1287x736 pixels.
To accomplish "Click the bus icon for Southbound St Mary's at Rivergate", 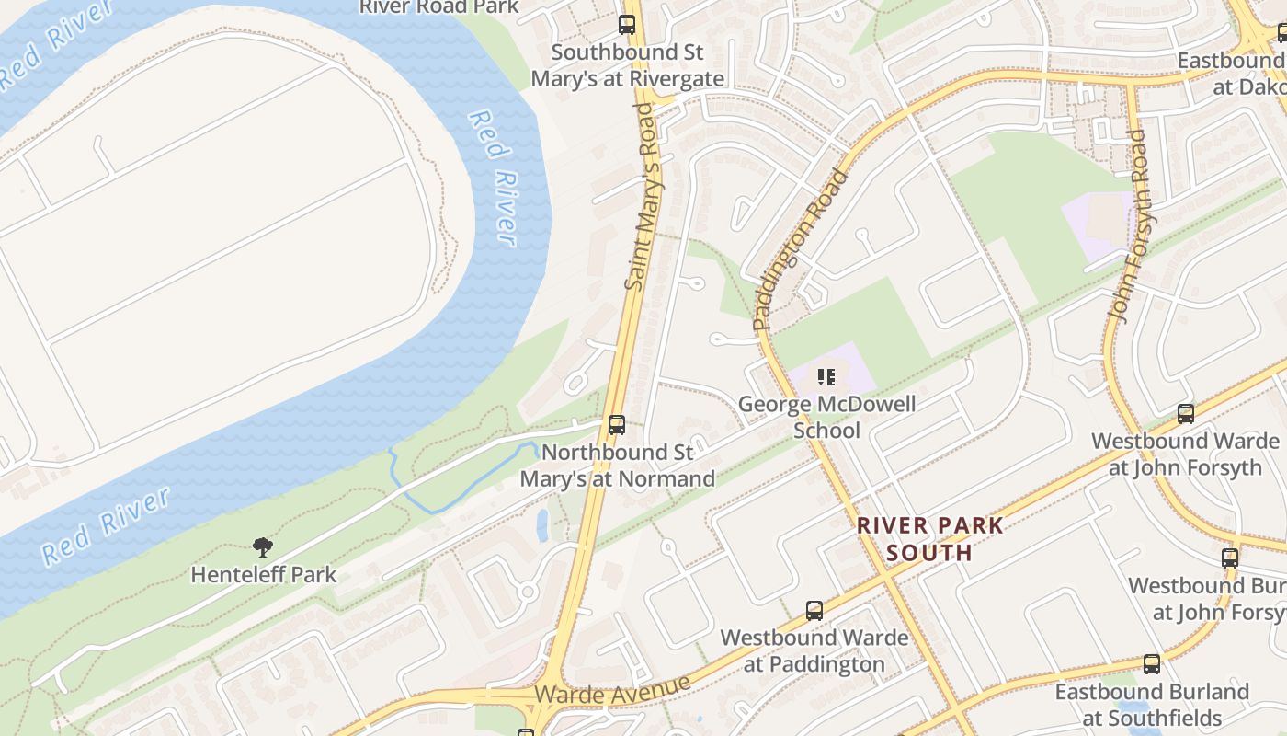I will click(627, 25).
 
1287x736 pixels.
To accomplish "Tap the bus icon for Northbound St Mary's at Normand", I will click(617, 425).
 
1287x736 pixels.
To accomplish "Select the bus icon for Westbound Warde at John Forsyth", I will click(1186, 414).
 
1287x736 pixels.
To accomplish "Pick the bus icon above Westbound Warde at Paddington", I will click(814, 610).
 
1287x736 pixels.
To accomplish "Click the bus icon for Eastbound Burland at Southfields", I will click(1152, 663).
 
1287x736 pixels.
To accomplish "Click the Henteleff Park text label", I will click(263, 575).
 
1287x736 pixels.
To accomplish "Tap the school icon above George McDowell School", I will click(826, 377).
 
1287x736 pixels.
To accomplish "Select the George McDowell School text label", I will click(826, 417).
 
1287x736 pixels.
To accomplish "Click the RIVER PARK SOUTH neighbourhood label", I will click(929, 539).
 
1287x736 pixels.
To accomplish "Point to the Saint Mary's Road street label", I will click(643, 197).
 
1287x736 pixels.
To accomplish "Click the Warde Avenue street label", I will click(612, 690).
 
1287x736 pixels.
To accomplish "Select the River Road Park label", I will click(438, 7).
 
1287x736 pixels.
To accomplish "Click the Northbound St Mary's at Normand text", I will click(617, 466).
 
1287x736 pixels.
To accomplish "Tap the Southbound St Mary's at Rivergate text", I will click(628, 65).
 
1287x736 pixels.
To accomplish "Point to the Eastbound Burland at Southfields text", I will click(1152, 704).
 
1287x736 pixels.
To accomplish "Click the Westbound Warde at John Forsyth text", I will click(1185, 454).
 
